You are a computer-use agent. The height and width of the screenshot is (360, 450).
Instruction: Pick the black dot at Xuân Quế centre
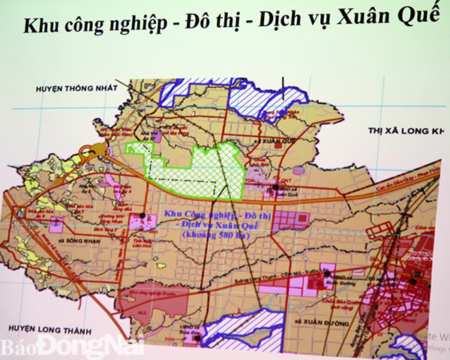coord(276,187)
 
